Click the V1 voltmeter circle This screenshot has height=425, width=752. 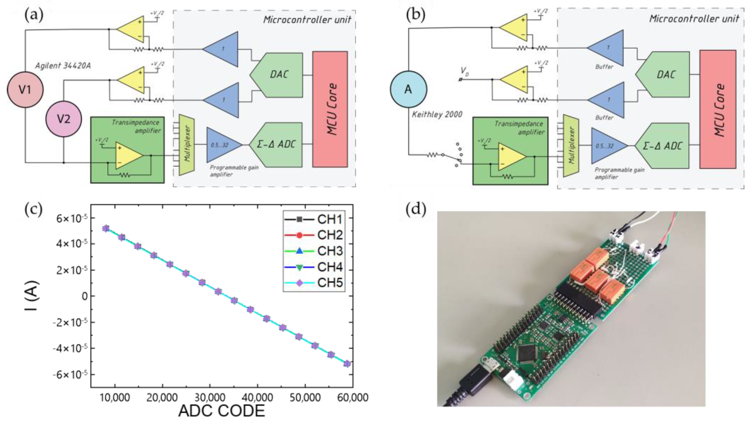tap(25, 89)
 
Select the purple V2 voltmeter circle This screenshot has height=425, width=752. tap(64, 119)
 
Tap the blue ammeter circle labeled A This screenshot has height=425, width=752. tap(408, 89)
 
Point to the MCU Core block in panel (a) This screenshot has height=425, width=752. tap(330, 109)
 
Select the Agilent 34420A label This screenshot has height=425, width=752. tap(63, 66)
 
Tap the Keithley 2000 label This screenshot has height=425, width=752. tap(437, 114)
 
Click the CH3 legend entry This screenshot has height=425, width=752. tap(314, 251)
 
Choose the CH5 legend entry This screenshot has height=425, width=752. tap(314, 283)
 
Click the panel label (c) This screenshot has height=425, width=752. tap(33, 209)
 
